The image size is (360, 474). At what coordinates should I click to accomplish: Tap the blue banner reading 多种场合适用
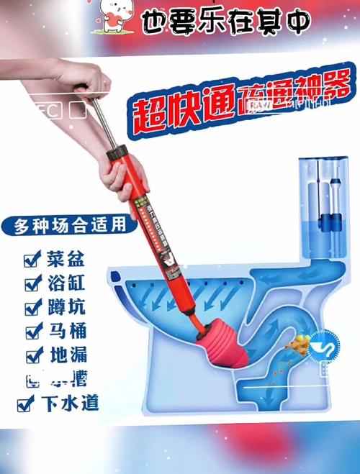click(69, 225)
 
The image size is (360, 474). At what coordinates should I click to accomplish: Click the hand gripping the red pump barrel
click(120, 171)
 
